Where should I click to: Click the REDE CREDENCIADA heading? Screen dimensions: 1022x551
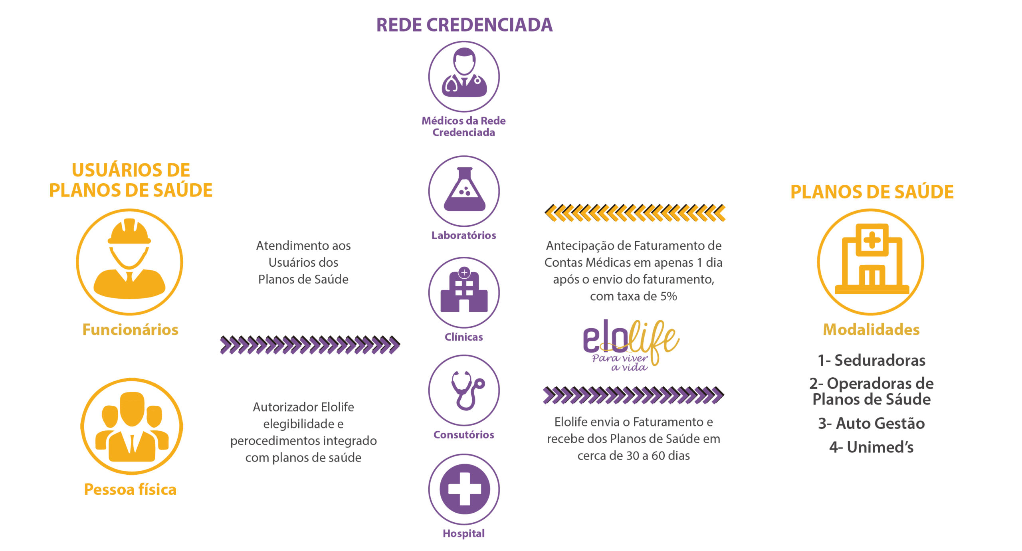coord(464,25)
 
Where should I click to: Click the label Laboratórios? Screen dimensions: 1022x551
coord(464,235)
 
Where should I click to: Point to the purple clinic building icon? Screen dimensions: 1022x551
coord(464,291)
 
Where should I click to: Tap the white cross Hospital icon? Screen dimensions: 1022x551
coord(464,489)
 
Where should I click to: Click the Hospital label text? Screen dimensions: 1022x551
coord(464,533)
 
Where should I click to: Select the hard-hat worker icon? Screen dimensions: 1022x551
coord(129,259)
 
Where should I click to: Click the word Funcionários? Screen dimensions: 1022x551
coord(130,330)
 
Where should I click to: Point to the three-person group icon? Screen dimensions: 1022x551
coord(132,427)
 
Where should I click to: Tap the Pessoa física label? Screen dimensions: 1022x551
coord(130,490)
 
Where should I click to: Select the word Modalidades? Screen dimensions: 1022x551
coord(871,330)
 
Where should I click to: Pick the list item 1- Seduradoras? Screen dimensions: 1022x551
coord(871,360)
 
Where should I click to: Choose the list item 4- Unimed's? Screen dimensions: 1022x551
coord(871,447)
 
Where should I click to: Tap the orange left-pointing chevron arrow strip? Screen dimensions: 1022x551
coord(635,212)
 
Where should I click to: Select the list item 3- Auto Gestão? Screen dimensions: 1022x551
coord(871,423)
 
